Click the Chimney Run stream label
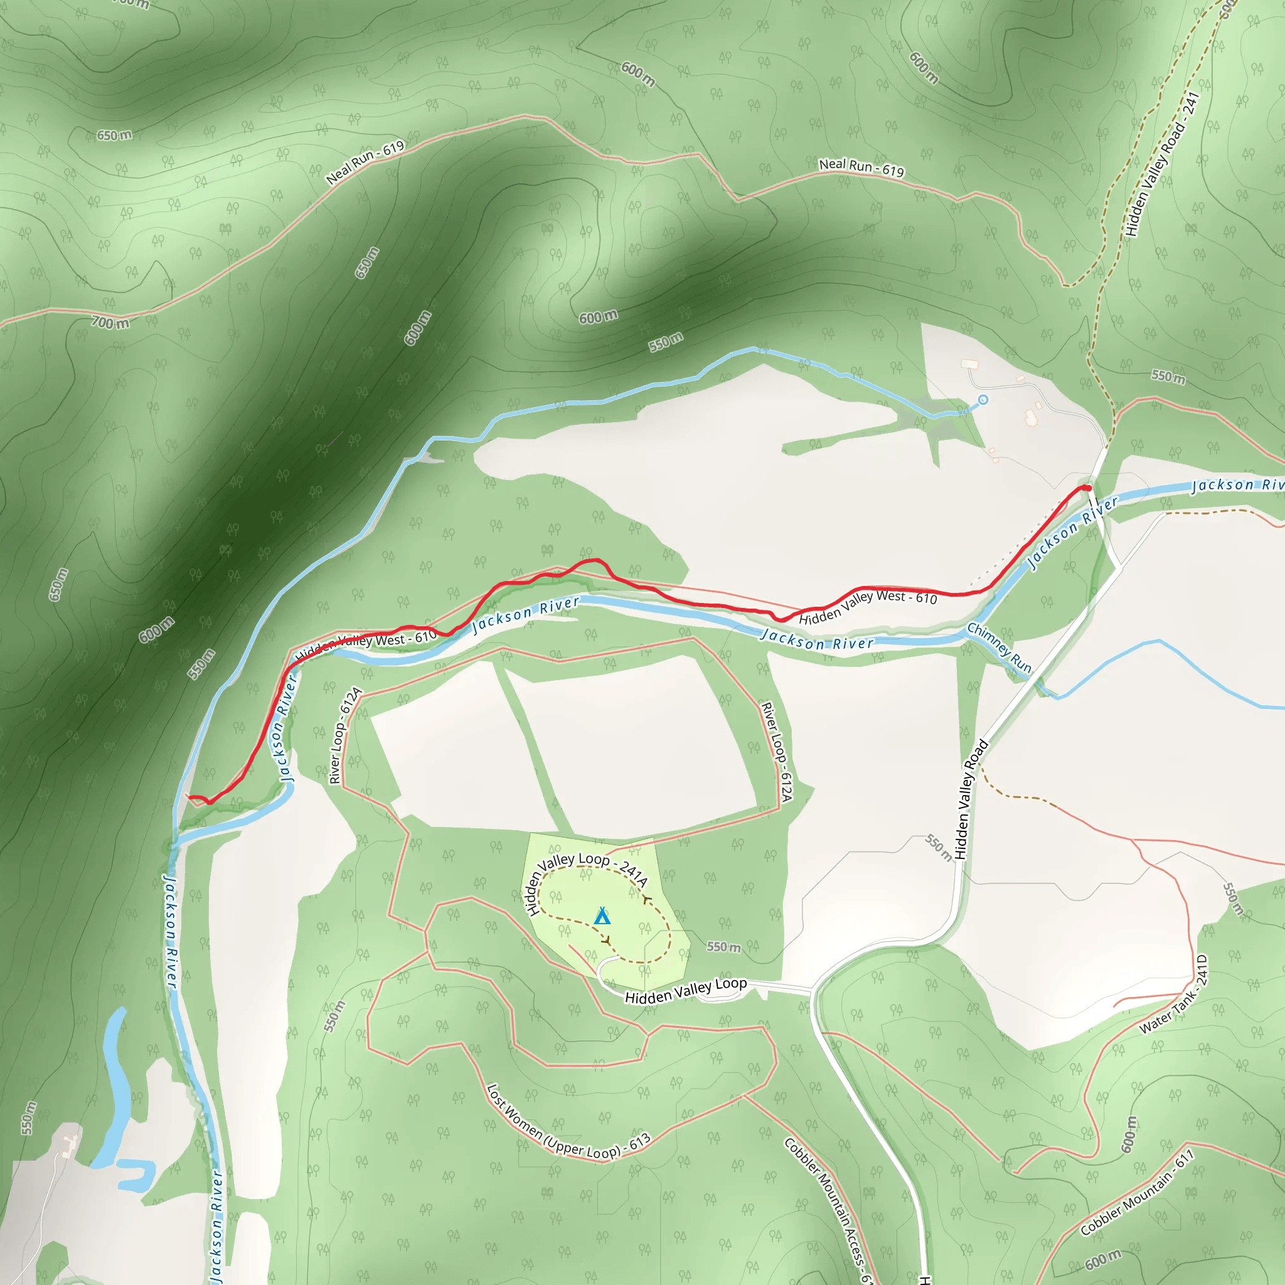[x=999, y=648]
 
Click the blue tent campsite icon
[x=602, y=917]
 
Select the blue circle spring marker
[x=983, y=400]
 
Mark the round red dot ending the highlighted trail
[x=1087, y=488]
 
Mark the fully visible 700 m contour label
[x=110, y=323]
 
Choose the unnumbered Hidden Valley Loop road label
[x=686, y=990]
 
